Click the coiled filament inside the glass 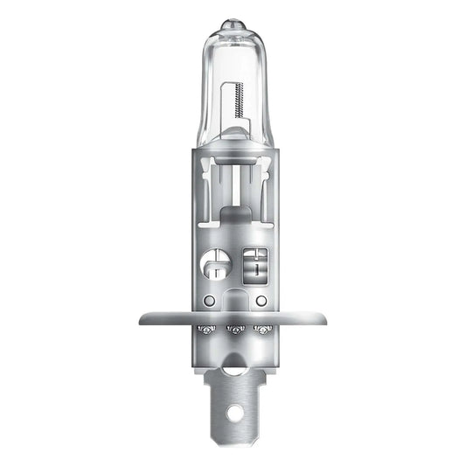238,97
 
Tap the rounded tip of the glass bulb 233,19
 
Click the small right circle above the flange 260,300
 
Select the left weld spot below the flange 207,330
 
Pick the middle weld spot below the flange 233,330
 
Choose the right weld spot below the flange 260,330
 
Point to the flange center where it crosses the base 233,318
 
